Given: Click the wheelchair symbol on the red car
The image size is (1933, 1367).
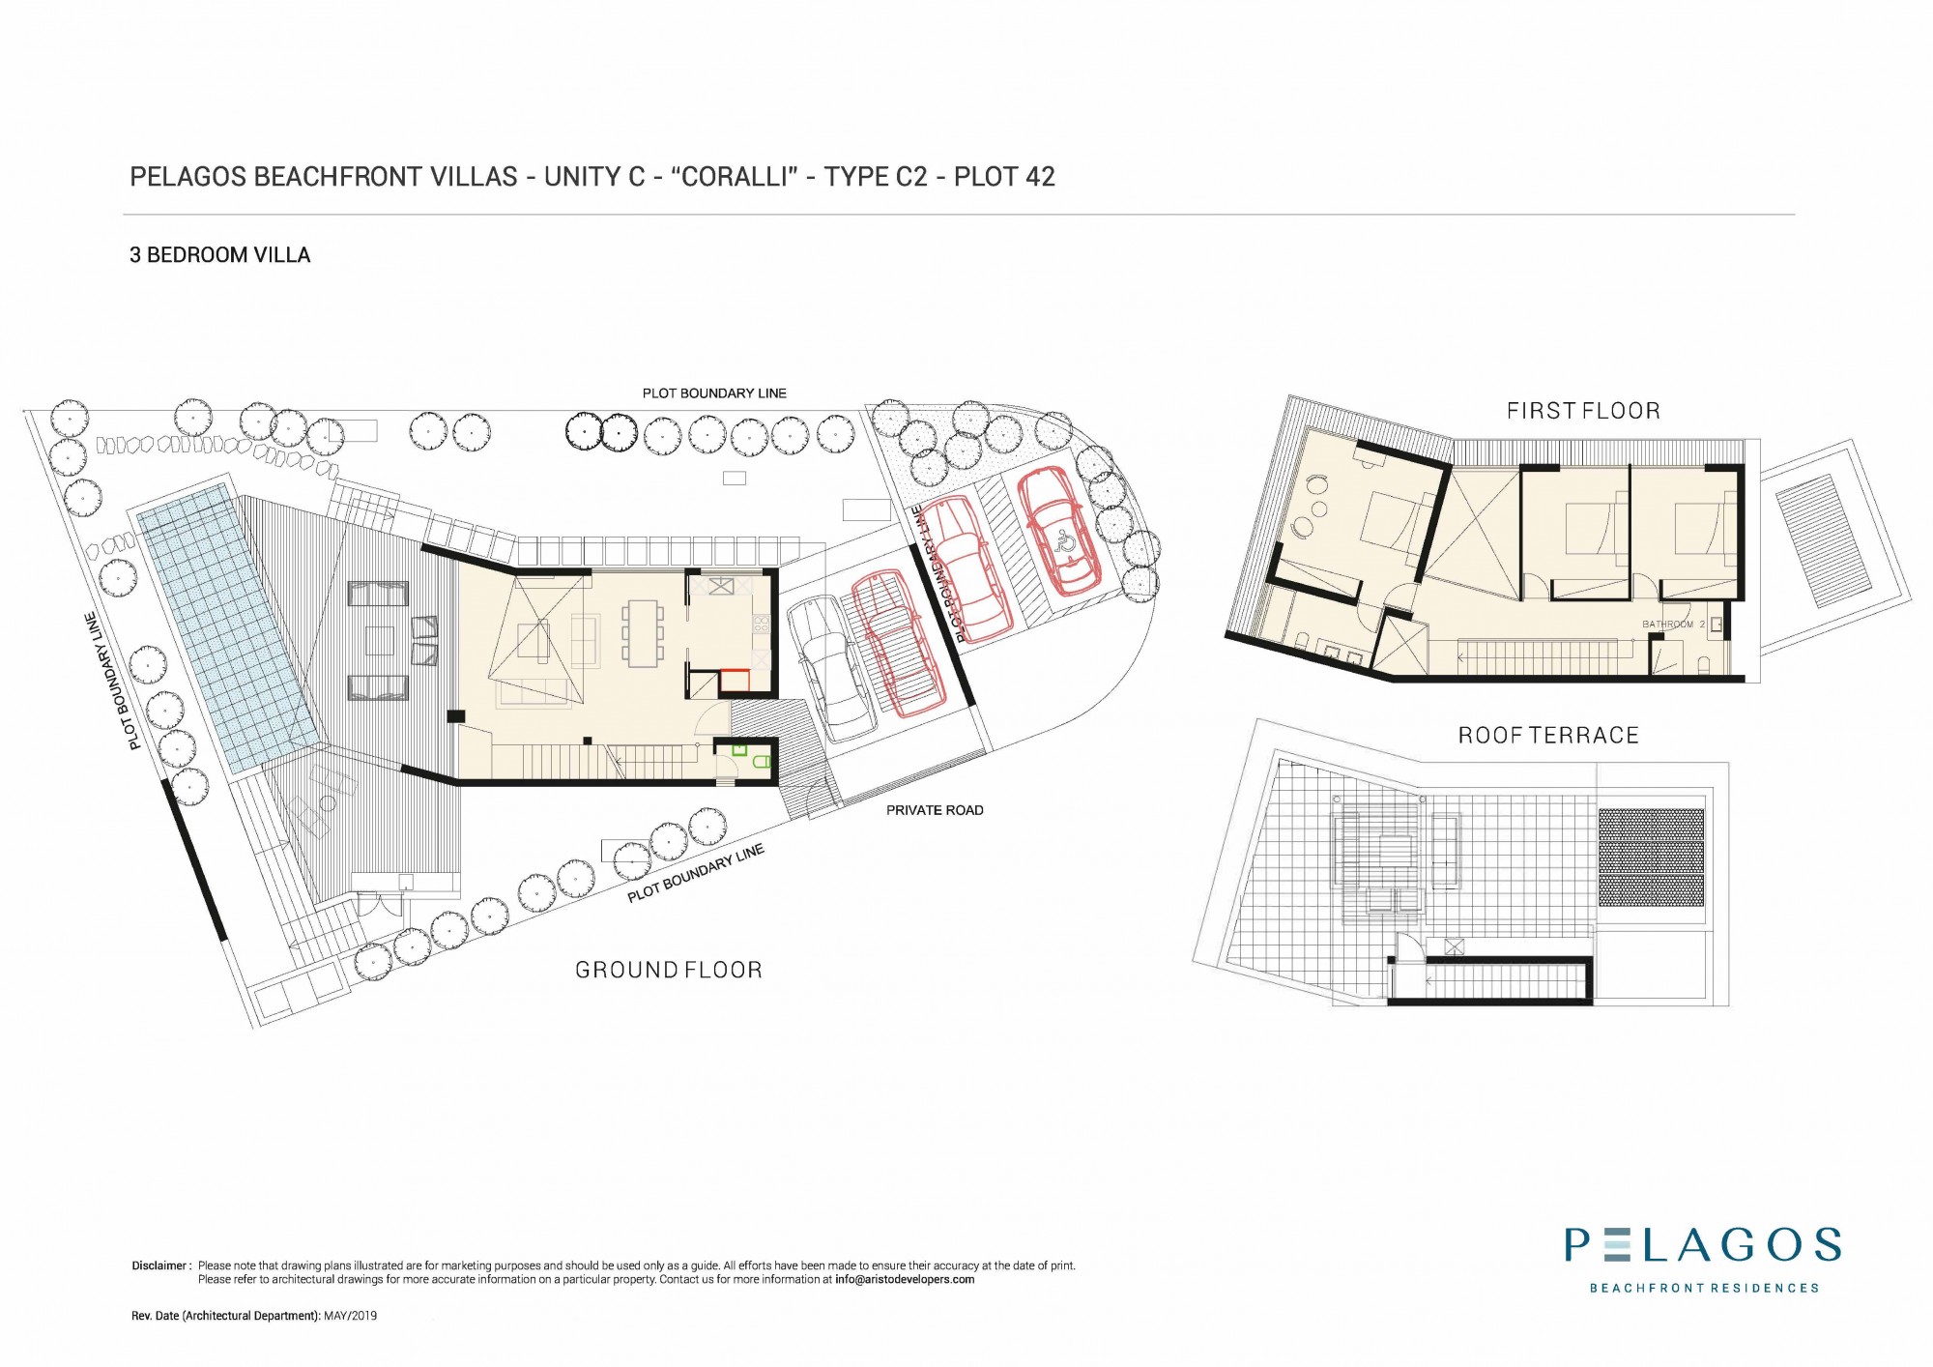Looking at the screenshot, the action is tap(1066, 541).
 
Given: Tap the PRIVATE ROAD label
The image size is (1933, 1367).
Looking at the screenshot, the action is tap(935, 810).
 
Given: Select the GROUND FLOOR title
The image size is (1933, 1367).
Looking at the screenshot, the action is tap(669, 970).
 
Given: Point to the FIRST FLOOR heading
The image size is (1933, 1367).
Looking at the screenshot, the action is tap(1583, 411).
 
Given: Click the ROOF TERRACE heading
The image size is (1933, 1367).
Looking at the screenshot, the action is tap(1548, 736).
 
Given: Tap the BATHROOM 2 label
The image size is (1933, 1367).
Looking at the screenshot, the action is tap(1674, 625).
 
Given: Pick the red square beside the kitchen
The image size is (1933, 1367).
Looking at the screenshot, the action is tap(736, 682).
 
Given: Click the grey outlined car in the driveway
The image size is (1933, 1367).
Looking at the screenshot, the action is tap(832, 667).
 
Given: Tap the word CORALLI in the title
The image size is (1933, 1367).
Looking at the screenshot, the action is tap(735, 177).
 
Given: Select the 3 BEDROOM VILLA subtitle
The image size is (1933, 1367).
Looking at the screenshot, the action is tap(220, 255).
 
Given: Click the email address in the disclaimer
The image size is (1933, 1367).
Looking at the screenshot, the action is tap(905, 1279).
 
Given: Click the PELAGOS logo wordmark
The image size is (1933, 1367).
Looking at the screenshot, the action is tap(1703, 1245).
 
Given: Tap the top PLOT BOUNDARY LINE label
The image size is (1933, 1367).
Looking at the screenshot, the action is tap(714, 393).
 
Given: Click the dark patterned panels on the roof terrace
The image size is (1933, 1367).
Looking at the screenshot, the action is tap(1651, 858).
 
